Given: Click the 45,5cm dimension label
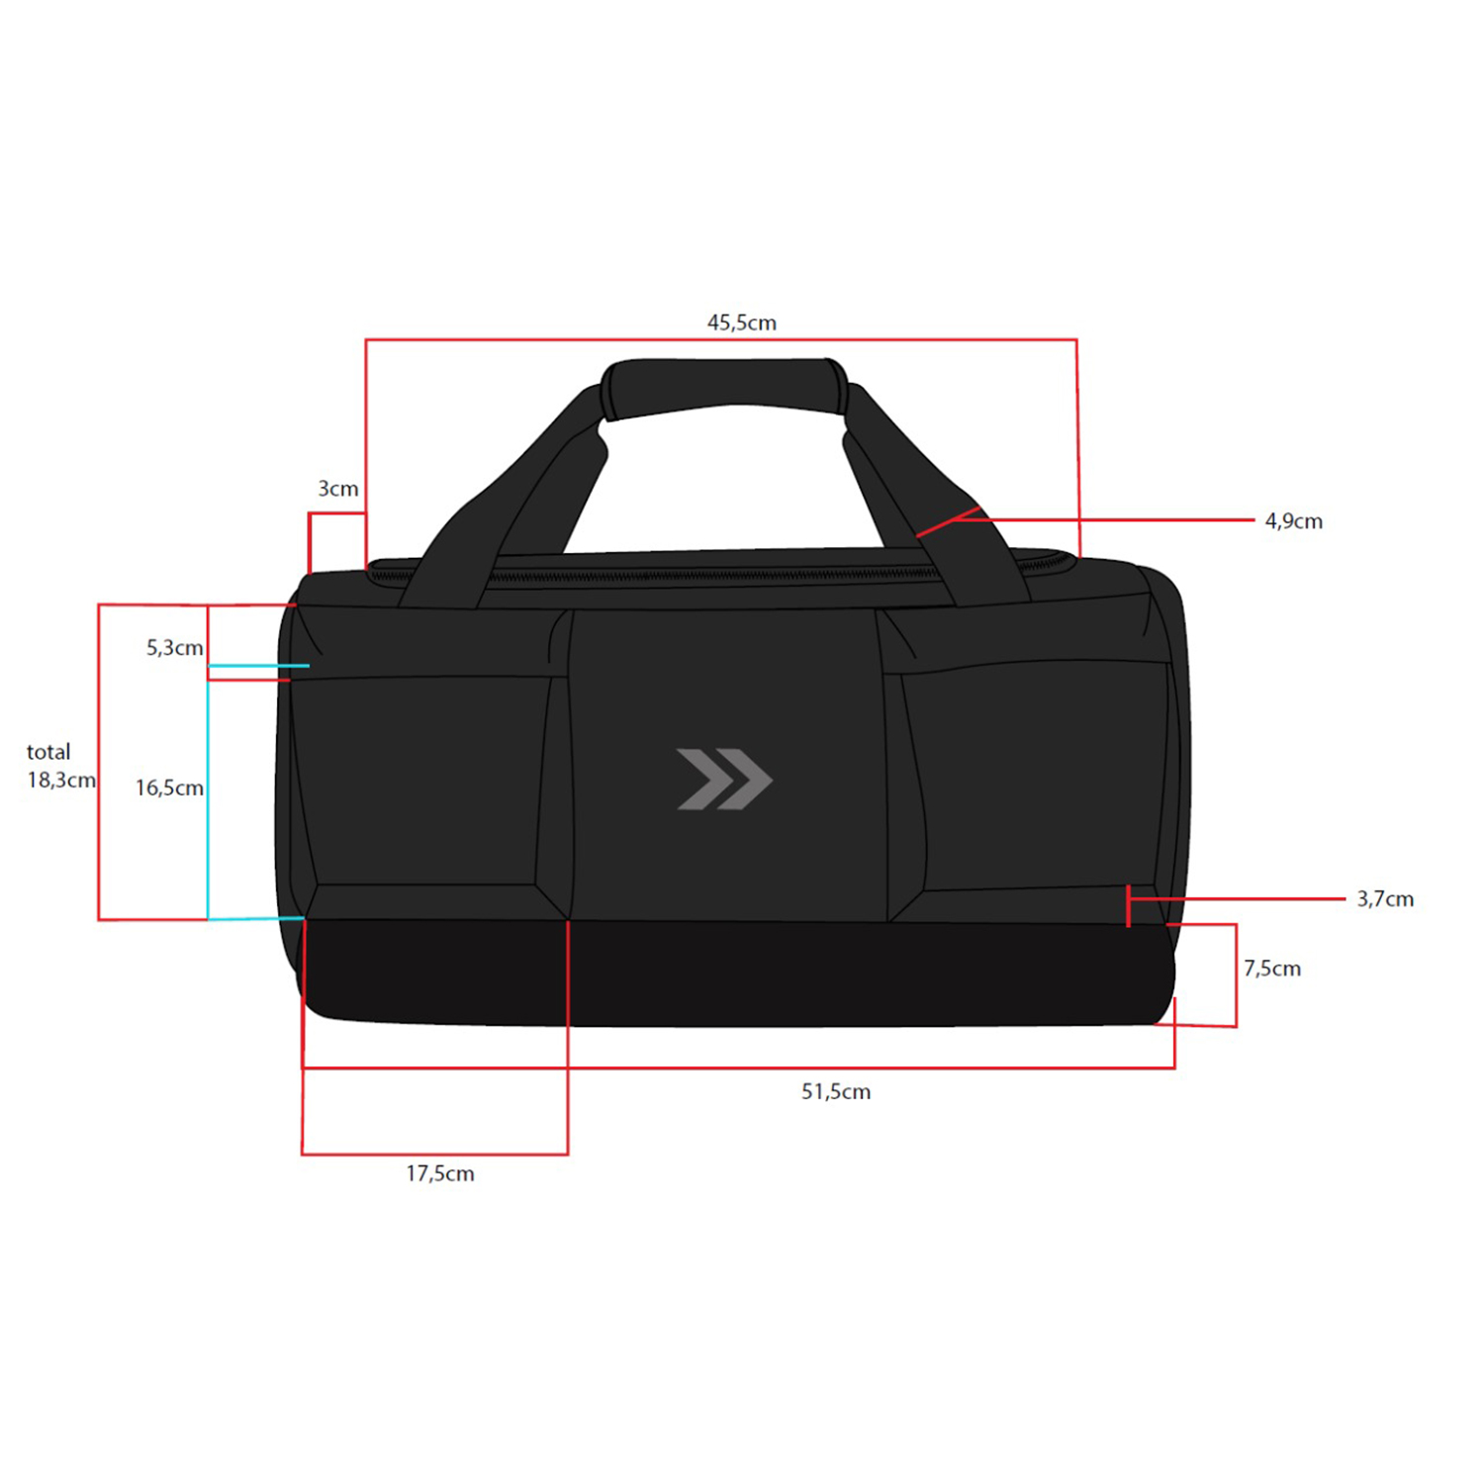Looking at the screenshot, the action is [742, 323].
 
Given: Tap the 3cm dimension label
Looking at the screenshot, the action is [338, 489].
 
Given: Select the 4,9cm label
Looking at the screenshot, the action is [1294, 521].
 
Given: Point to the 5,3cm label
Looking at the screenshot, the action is [175, 648].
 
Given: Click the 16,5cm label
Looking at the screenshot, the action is [170, 788].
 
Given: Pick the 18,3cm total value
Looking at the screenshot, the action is [61, 781].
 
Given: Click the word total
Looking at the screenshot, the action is [48, 752].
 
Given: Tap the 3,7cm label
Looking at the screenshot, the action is [1385, 899].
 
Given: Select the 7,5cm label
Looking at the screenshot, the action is [1272, 969].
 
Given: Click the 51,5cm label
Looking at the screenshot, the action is [836, 1092].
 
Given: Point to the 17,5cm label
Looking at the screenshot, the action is [440, 1174].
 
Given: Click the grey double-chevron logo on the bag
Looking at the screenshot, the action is [724, 780].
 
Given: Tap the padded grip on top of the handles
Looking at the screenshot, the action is [725, 386].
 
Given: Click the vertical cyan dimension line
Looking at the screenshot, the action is [208, 792].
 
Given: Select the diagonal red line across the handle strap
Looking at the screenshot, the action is [948, 522].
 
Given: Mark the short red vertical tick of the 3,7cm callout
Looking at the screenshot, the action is [1129, 906].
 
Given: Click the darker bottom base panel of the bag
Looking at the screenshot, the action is [737, 973].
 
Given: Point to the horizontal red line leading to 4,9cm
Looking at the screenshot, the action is [1117, 519].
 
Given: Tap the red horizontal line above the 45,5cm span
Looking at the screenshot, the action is [721, 340].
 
